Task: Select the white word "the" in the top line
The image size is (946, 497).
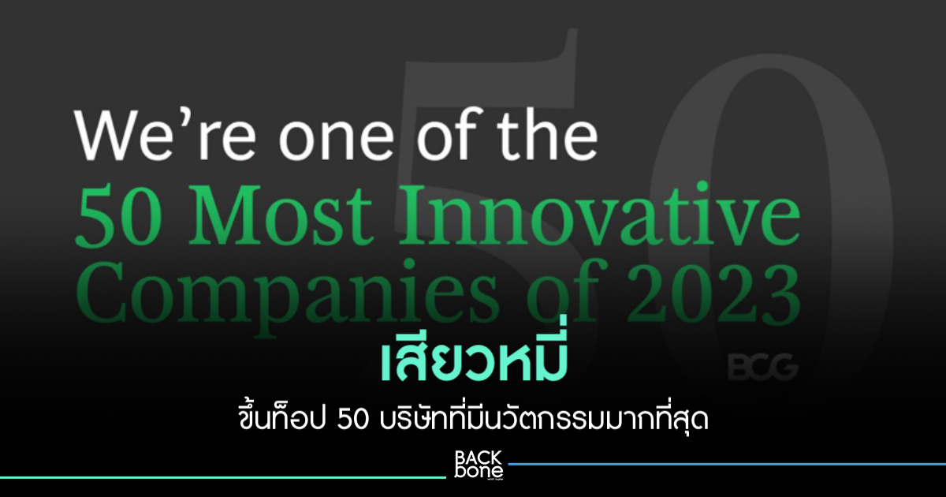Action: pyautogui.click(x=549, y=134)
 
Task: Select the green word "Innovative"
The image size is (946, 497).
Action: pyautogui.click(x=600, y=215)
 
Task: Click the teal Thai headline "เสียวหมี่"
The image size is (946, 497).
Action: pyautogui.click(x=475, y=362)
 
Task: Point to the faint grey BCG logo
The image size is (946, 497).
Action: pyautogui.click(x=763, y=368)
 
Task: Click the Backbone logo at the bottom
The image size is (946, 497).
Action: pyautogui.click(x=479, y=465)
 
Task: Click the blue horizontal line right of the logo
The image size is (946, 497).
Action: pyautogui.click(x=727, y=464)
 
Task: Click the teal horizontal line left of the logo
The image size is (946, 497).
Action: pyautogui.click(x=223, y=478)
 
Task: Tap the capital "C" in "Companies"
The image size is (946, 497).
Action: pyautogui.click(x=99, y=297)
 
